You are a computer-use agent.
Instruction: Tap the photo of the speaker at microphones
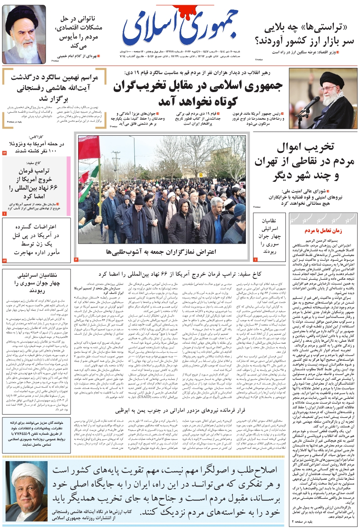pos(323,98)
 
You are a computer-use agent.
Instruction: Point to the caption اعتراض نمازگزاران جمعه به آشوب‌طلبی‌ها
pos(161,252)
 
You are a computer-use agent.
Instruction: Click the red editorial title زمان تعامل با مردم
pos(323,231)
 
